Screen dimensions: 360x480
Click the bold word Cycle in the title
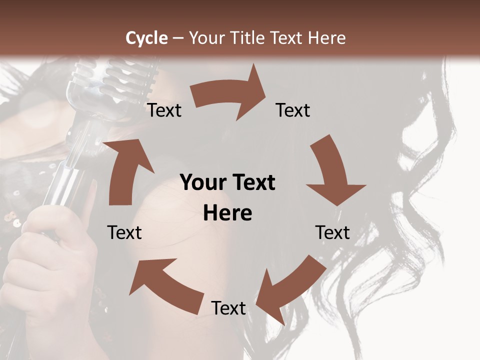click(x=146, y=38)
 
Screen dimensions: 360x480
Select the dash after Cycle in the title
click(x=178, y=38)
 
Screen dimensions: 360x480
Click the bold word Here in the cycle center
click(x=227, y=213)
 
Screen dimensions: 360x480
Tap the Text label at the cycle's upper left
click(x=164, y=110)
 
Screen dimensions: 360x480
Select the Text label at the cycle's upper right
click(x=293, y=110)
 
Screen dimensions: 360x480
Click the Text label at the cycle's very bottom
click(x=228, y=308)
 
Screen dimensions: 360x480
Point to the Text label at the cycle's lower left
click(x=124, y=232)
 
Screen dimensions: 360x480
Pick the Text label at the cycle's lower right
click(x=332, y=232)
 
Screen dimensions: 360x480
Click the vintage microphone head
click(x=107, y=85)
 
